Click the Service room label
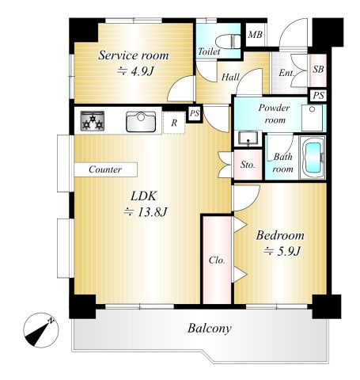tap(134, 55)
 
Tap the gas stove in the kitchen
tap(93, 121)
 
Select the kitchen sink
tap(141, 122)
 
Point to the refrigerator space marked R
tap(174, 123)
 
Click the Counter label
tap(105, 169)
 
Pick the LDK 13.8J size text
tap(146, 211)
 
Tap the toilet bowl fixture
tap(228, 42)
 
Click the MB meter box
tap(256, 35)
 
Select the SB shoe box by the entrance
tap(318, 70)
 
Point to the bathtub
tap(313, 158)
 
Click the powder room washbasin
tap(248, 139)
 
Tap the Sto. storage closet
tap(248, 165)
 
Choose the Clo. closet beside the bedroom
tap(217, 260)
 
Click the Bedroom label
tap(280, 236)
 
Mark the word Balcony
tap(210, 329)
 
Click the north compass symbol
tap(41, 330)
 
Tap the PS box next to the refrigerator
tap(195, 113)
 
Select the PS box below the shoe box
tap(318, 95)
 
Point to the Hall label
tap(230, 77)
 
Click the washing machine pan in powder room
tap(313, 118)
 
